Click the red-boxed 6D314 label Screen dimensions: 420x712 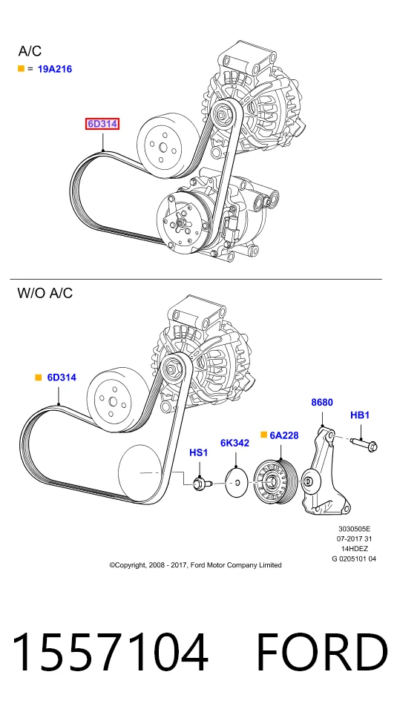click(102, 124)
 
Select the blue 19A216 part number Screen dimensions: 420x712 click(55, 69)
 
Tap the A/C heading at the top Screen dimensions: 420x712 click(30, 51)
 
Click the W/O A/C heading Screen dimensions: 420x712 click(45, 293)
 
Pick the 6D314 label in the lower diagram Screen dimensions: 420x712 click(62, 378)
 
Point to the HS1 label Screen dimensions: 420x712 click(199, 452)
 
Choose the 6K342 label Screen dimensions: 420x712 click(234, 443)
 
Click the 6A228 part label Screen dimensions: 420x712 click(284, 435)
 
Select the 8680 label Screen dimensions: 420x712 click(322, 402)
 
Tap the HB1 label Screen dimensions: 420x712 click(360, 415)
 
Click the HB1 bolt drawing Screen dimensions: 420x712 click(364, 443)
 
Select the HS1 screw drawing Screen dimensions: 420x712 click(200, 484)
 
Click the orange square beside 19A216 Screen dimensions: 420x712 click(21, 68)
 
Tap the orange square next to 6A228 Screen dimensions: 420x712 click(263, 435)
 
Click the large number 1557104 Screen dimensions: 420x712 click(110, 652)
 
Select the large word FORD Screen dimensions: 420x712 click(322, 652)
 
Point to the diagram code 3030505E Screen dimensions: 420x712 click(355, 529)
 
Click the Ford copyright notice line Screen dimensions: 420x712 click(195, 565)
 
